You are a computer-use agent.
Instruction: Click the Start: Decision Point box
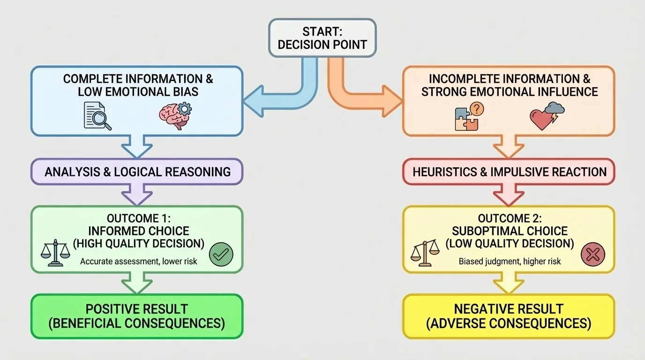[x=322, y=38]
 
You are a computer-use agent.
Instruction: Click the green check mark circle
[x=221, y=255]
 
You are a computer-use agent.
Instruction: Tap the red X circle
[x=592, y=255]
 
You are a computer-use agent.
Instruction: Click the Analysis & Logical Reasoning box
[x=137, y=172]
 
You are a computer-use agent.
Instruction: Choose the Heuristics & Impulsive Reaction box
[x=509, y=172]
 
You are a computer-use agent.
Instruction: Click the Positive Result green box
[x=137, y=316]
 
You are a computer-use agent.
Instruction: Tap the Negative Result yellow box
[x=509, y=316]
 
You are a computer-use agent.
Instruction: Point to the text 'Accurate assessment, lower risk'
[x=138, y=261]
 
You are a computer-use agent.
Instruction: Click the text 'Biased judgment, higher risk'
[x=510, y=261]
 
